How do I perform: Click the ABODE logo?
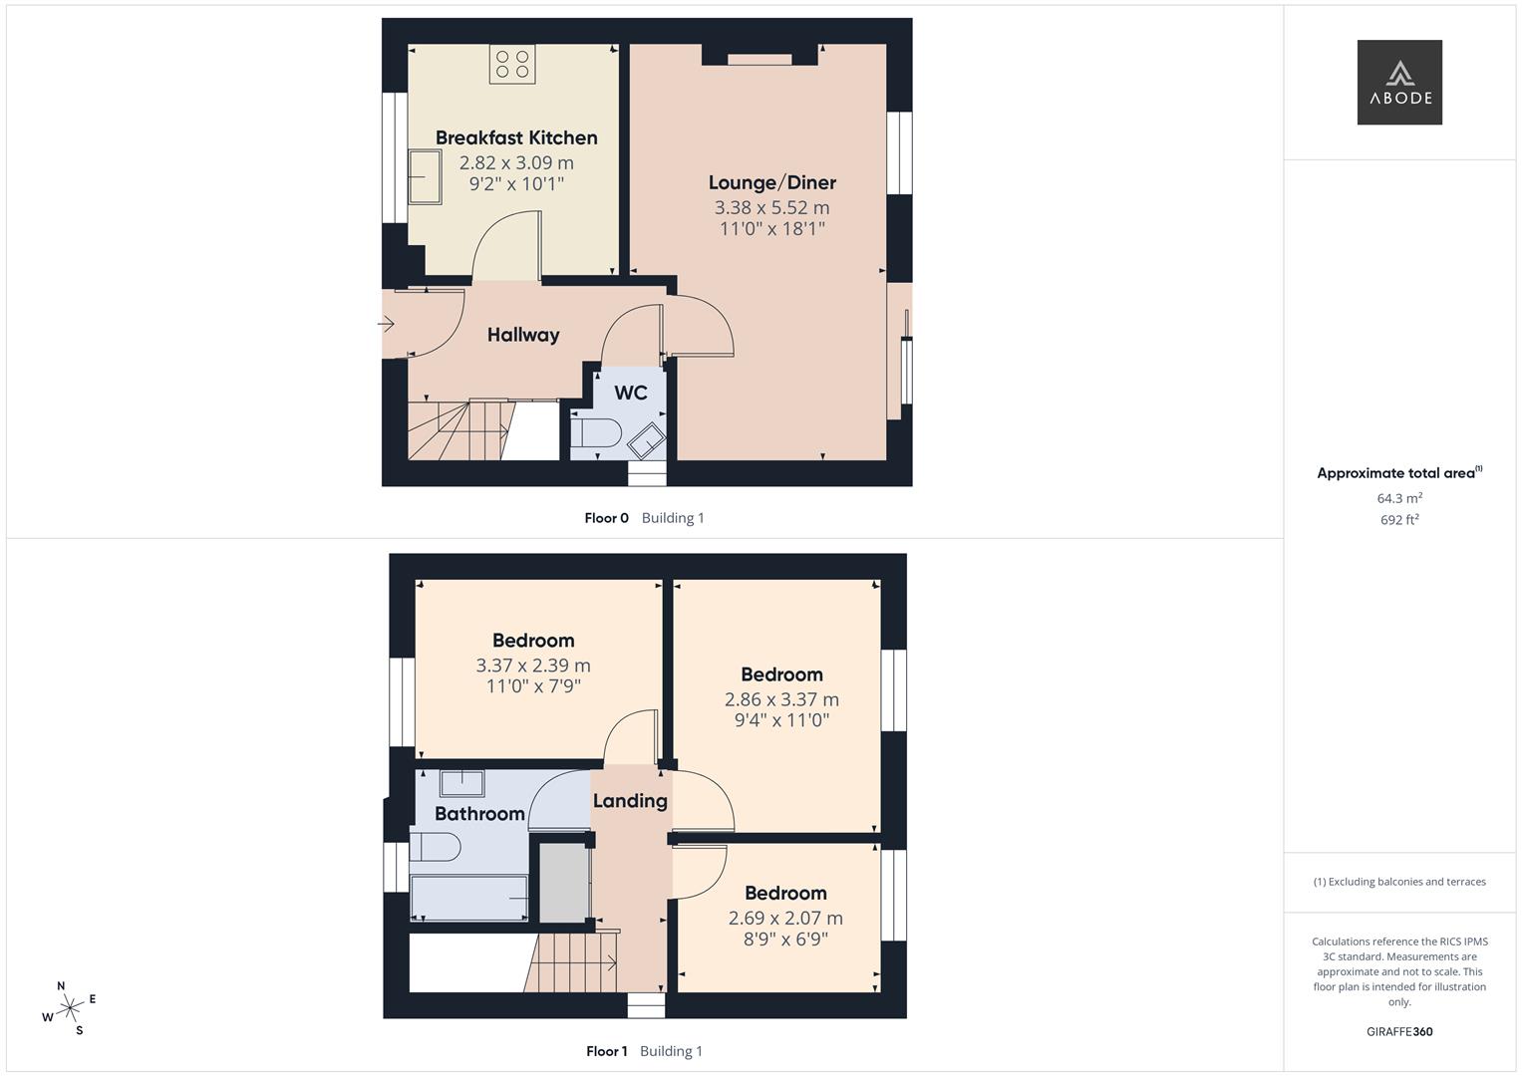click(x=1398, y=83)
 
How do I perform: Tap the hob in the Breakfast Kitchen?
click(x=511, y=64)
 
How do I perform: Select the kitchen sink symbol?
click(x=425, y=176)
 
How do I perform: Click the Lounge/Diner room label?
click(x=771, y=182)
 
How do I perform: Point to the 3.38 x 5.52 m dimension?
click(x=771, y=207)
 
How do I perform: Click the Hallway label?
click(x=522, y=335)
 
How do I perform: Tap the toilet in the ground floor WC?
click(x=597, y=434)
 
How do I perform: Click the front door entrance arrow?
click(x=387, y=324)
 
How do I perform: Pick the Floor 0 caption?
click(x=606, y=518)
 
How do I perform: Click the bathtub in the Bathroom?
click(x=469, y=898)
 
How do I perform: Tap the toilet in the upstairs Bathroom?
click(x=436, y=848)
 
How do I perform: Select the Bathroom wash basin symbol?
click(x=461, y=784)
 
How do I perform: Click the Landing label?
click(x=630, y=801)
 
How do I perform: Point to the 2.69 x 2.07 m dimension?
click(x=785, y=918)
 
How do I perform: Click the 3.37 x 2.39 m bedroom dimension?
click(x=533, y=666)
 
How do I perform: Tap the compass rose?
click(x=69, y=1008)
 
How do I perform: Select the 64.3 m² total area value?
click(x=1398, y=498)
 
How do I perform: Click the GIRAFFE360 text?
click(x=1398, y=1031)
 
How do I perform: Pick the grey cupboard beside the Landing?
click(x=564, y=883)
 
